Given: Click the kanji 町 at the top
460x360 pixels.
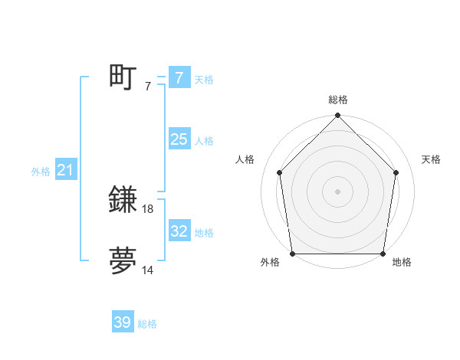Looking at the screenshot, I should click(x=123, y=77).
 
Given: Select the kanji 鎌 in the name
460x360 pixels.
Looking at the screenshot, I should click(x=123, y=200).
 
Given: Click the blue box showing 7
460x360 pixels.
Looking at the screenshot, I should click(x=179, y=77).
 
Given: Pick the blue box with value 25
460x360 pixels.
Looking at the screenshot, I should click(x=179, y=139).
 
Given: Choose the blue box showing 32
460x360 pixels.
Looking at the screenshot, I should click(x=179, y=231).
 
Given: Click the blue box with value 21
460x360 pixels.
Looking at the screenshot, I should click(x=65, y=171).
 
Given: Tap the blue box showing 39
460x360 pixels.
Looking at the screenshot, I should click(x=123, y=322).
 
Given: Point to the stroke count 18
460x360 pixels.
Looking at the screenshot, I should click(x=149, y=208).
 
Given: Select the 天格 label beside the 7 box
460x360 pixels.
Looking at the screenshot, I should click(x=204, y=80).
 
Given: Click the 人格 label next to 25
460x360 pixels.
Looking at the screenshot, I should click(x=204, y=141).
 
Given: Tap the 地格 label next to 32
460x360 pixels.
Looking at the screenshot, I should click(x=204, y=233).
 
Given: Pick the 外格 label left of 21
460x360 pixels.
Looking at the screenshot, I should click(x=41, y=172).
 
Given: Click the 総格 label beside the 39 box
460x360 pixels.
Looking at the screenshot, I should click(x=147, y=325).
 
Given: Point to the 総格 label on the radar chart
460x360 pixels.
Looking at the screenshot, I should click(x=338, y=100).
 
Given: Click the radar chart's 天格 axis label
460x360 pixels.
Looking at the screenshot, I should click(x=432, y=159).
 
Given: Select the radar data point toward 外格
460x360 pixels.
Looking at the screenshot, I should click(x=293, y=253).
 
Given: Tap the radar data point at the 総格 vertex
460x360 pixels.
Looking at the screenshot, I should click(x=337, y=116).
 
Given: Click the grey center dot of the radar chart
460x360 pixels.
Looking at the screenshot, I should click(x=337, y=191).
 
